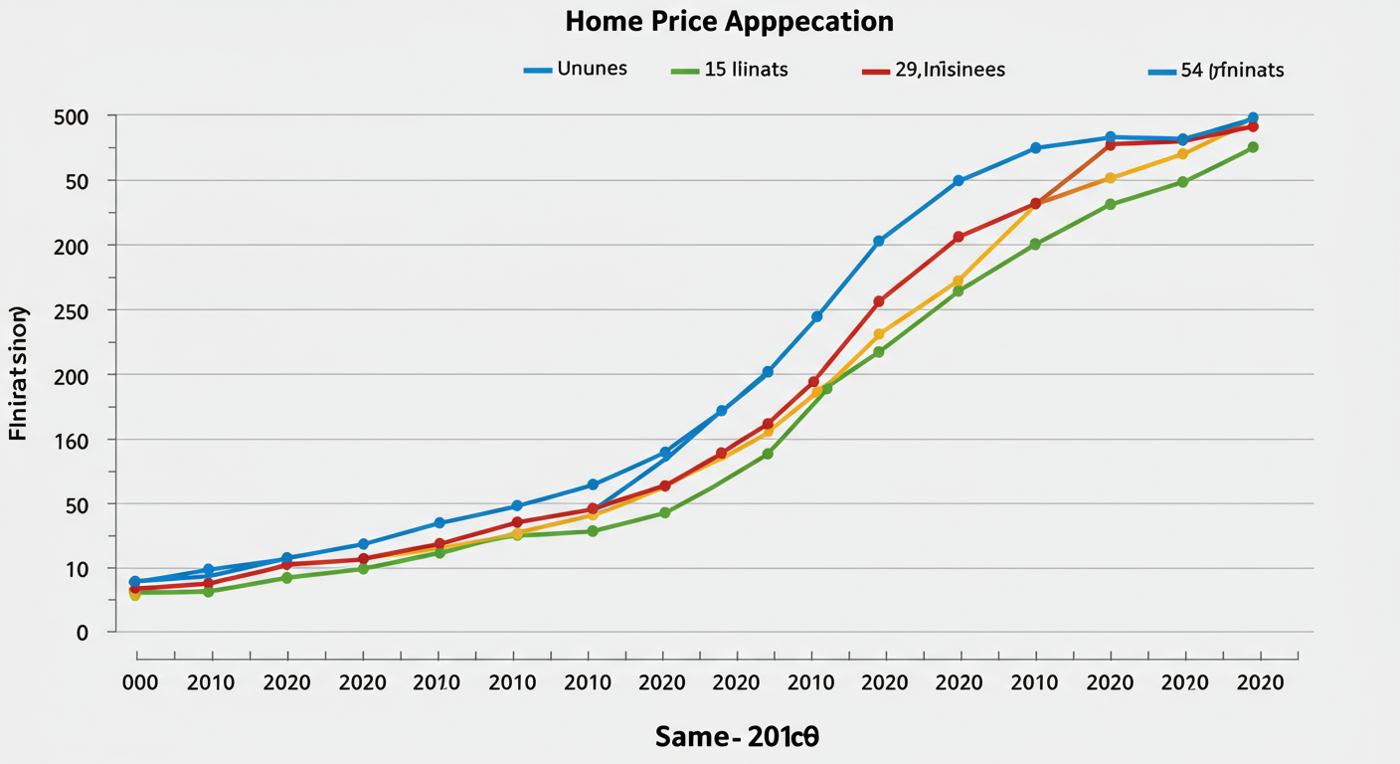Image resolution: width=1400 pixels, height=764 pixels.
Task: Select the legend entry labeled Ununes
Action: tap(592, 70)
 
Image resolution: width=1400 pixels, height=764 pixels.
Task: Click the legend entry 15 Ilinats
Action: tap(747, 70)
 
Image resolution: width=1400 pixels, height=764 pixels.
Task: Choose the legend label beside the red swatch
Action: tap(950, 70)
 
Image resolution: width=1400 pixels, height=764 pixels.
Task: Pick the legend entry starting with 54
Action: tap(1232, 70)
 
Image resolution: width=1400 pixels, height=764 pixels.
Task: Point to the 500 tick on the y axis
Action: tap(71, 116)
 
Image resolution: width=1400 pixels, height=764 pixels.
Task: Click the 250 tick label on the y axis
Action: tap(71, 311)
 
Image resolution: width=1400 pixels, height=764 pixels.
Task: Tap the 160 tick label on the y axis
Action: tap(71, 441)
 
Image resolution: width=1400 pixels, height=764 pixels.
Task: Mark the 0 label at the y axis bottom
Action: tap(83, 633)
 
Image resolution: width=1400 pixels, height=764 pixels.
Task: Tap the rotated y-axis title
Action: tap(19, 374)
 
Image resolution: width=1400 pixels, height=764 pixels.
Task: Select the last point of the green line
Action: tap(1253, 147)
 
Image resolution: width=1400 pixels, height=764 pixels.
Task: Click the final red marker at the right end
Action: tap(1253, 126)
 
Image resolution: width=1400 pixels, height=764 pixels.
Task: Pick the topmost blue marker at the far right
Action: tap(1253, 118)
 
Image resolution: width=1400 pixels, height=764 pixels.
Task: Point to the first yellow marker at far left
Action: tap(135, 595)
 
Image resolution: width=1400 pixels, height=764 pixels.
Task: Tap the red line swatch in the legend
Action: tap(875, 72)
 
